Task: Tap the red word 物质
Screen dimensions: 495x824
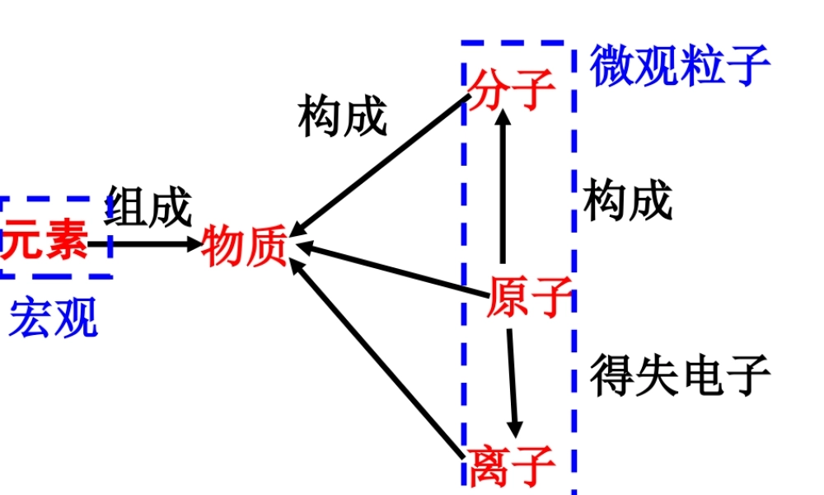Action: click(x=245, y=246)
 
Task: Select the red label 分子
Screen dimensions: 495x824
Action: click(x=511, y=88)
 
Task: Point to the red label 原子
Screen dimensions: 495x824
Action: click(x=528, y=296)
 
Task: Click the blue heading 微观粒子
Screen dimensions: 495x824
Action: click(x=680, y=66)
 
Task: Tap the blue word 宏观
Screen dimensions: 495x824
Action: click(x=54, y=318)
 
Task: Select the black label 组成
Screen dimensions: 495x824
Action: click(x=148, y=206)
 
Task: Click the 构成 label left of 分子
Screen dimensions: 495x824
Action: click(x=342, y=115)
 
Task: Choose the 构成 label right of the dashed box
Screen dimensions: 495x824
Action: click(x=628, y=200)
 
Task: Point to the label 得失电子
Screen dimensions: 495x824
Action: click(x=680, y=375)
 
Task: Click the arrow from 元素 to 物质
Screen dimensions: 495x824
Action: click(x=144, y=244)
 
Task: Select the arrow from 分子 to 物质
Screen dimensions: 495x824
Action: click(x=383, y=165)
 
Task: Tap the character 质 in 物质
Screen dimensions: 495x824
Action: click(x=266, y=246)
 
